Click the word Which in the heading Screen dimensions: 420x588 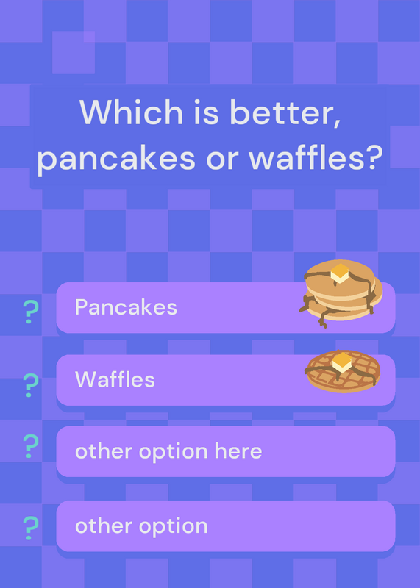click(x=131, y=112)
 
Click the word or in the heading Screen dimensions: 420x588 click(x=222, y=159)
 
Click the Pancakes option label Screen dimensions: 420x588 click(x=126, y=307)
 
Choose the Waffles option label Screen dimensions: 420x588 click(x=115, y=379)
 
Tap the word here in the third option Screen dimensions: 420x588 click(x=238, y=451)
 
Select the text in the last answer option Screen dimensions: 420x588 click(x=141, y=526)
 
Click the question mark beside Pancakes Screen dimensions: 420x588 click(x=31, y=312)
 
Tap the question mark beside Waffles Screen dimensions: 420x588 click(x=31, y=385)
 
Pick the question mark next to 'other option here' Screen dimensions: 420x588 click(x=31, y=446)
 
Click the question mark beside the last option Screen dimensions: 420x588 click(x=31, y=528)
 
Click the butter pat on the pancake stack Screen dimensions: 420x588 click(x=340, y=273)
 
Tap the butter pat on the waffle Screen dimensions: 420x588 click(x=341, y=362)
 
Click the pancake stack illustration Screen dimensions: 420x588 click(x=341, y=293)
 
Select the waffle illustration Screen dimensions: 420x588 click(x=343, y=371)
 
